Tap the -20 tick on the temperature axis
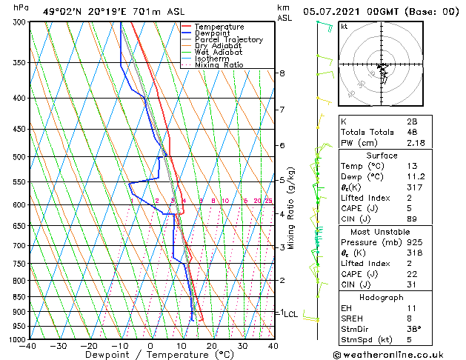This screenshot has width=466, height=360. tap(89, 346)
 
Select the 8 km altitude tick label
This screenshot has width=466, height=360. tap(282, 73)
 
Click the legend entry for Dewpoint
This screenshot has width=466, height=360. tap(213, 33)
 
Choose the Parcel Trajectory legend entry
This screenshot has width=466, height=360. tap(228, 40)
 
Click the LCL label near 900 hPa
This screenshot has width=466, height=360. tap(291, 314)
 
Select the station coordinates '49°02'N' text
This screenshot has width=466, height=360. tap(60, 12)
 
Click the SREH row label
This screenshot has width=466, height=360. tap(353, 319)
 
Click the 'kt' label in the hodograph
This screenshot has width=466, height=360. tap(344, 27)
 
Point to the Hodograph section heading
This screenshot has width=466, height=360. tap(382, 297)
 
